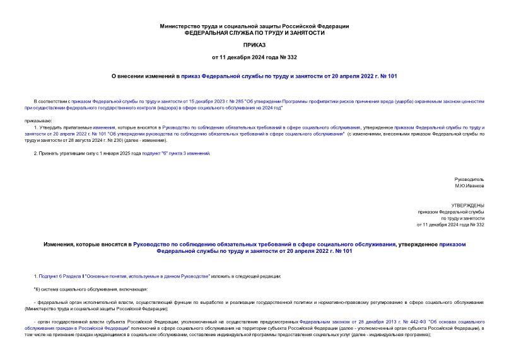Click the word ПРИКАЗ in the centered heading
click(x=254, y=45)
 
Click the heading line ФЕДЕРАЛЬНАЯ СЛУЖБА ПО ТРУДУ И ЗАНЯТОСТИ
click(x=254, y=33)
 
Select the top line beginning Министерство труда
click(x=254, y=26)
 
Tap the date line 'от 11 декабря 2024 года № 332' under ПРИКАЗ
click(x=254, y=57)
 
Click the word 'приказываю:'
click(x=38, y=119)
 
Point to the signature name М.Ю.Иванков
click(x=469, y=186)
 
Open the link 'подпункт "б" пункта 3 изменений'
click(x=176, y=153)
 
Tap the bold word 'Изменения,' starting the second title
click(x=60, y=243)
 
